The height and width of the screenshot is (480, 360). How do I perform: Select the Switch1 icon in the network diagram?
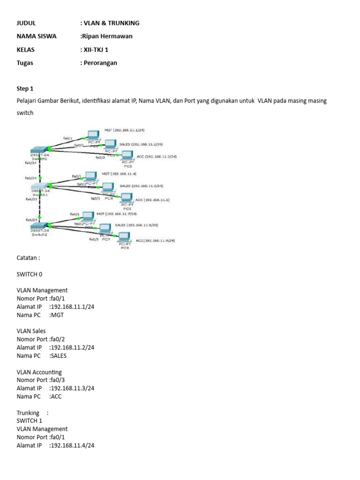click(40, 186)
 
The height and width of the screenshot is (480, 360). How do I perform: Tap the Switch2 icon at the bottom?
click(40, 226)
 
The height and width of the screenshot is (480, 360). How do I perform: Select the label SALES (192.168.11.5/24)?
click(142, 186)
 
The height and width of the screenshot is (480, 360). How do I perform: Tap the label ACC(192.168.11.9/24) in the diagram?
click(155, 240)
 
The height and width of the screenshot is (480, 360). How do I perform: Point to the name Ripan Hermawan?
click(107, 36)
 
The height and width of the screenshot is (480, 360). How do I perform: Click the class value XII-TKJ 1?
click(97, 49)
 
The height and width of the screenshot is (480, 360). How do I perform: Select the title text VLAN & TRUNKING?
click(111, 23)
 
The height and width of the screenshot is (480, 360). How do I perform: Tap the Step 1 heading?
click(25, 88)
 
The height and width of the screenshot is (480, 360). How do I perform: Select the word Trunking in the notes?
click(28, 412)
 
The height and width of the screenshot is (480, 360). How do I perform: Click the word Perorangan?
click(100, 62)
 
